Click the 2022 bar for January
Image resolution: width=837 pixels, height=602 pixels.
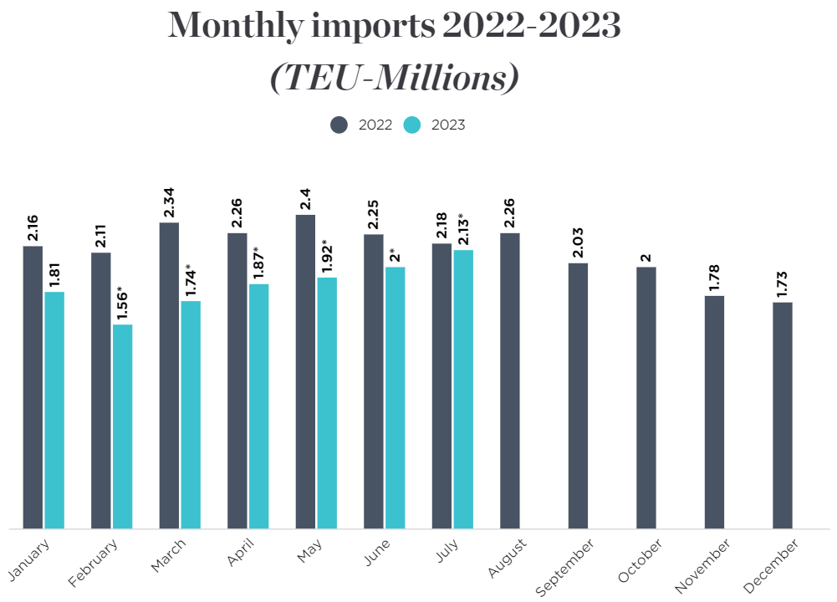[x=33, y=387]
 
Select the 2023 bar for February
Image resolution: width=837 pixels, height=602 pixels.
[x=123, y=426]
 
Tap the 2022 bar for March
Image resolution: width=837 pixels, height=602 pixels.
[x=169, y=375]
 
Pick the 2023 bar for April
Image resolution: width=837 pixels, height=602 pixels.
[x=259, y=406]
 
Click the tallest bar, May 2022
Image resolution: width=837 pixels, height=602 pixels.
[x=305, y=372]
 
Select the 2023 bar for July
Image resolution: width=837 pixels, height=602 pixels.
[x=463, y=390]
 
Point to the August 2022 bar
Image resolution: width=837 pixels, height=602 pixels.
[x=510, y=381]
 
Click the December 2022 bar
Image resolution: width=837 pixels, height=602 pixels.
[x=783, y=416]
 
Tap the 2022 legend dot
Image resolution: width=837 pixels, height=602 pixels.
[x=339, y=125]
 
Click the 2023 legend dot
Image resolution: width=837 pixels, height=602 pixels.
[x=412, y=125]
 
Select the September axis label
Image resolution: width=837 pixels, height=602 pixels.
[x=565, y=567]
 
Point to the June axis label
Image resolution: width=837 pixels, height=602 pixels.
[x=378, y=554]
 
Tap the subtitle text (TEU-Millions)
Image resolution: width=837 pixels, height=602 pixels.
[x=395, y=78]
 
